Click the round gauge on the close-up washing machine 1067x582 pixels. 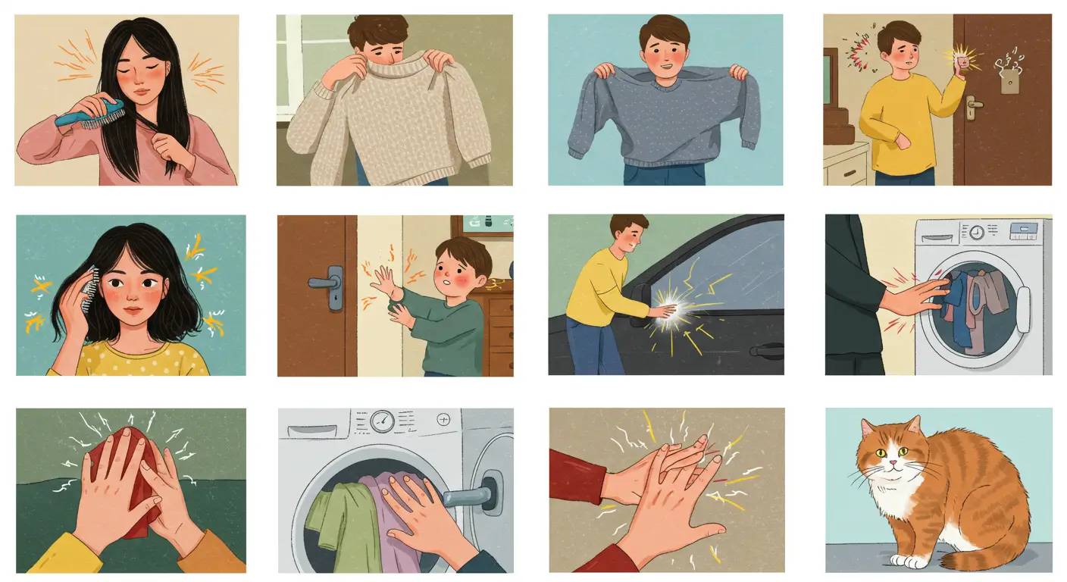click(383, 421)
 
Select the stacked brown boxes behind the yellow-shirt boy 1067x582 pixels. click(838, 126)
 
